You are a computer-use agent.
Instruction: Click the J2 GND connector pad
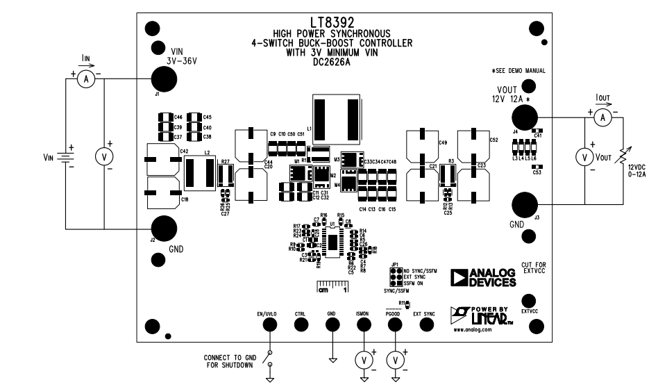coord(164,228)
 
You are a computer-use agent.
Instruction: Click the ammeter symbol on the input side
coord(87,80)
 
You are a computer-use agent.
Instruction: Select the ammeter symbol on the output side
coord(603,119)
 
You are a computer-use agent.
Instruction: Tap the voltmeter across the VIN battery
coord(104,158)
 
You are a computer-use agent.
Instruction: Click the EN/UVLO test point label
coord(267,314)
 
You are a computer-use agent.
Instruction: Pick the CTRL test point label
coord(300,314)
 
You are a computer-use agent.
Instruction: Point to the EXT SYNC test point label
coord(423,314)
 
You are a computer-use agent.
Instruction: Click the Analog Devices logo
coord(484,278)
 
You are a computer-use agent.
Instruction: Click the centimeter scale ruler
coord(332,287)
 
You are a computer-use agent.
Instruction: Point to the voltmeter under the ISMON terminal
coord(363,360)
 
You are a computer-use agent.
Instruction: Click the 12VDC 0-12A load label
coord(637,172)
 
